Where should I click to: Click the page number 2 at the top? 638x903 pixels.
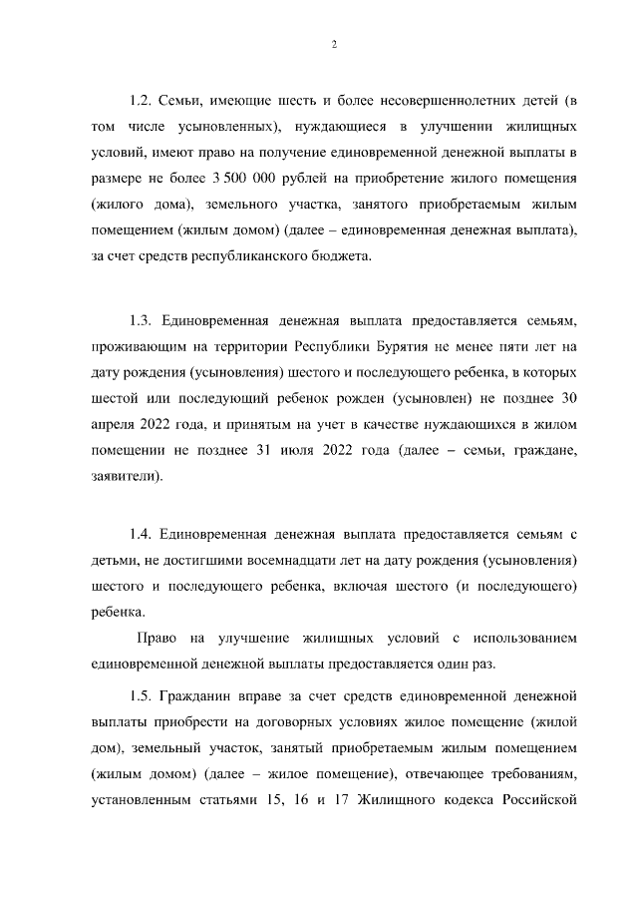pyautogui.click(x=334, y=44)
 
